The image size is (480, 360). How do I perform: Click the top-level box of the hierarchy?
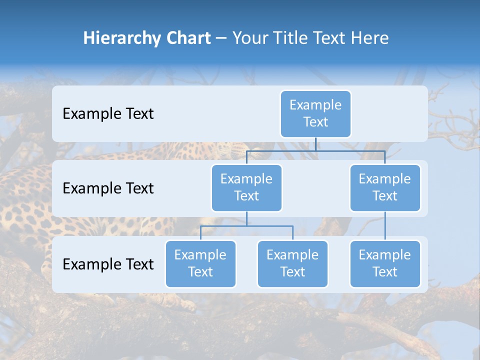click(x=315, y=113)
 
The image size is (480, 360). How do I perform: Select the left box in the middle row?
click(x=246, y=187)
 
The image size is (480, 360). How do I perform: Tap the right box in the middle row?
click(x=385, y=187)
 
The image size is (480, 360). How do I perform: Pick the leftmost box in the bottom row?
click(x=200, y=263)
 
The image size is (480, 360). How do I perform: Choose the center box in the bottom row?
click(x=292, y=263)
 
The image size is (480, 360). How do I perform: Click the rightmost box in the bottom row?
click(x=385, y=263)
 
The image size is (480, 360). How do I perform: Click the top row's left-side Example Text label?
click(x=108, y=114)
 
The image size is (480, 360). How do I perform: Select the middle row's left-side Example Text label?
click(x=108, y=188)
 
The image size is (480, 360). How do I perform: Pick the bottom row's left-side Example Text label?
click(x=108, y=264)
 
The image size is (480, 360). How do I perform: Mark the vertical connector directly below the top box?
click(x=315, y=144)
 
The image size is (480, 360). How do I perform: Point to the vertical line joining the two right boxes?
click(x=385, y=226)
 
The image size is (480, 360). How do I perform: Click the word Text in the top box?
click(x=315, y=122)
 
